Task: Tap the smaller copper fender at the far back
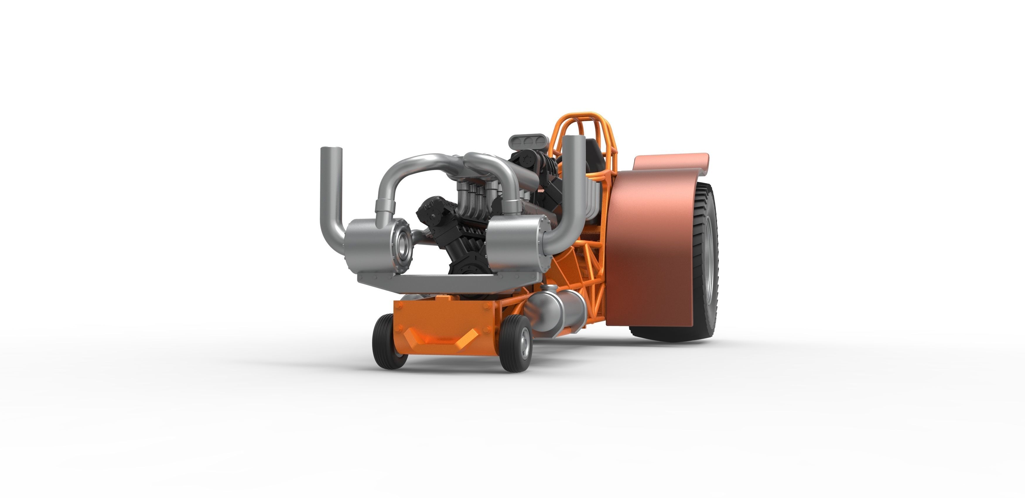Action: click(x=672, y=161)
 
